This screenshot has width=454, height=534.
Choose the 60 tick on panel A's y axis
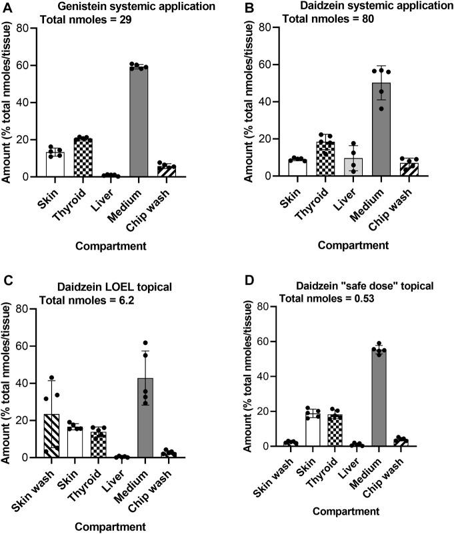pos(36,65)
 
